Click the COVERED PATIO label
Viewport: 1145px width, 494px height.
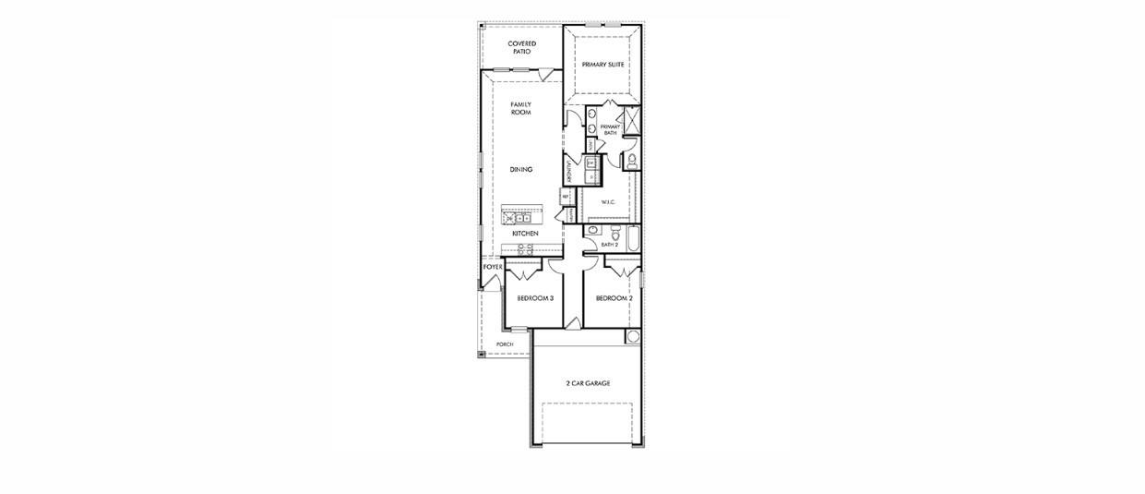tap(521, 47)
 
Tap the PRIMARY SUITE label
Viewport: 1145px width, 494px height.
tap(602, 65)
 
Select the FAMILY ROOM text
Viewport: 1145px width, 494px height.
tap(521, 108)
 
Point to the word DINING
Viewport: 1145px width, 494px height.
tap(521, 170)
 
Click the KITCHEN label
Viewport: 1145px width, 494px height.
tap(525, 234)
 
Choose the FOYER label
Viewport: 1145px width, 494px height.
tap(493, 267)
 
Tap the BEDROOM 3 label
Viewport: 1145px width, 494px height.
tap(535, 298)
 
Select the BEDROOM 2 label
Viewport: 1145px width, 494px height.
tap(614, 298)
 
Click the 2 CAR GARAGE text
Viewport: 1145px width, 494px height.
tap(588, 383)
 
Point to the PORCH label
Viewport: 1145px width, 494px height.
tap(505, 344)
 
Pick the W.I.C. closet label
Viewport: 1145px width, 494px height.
tap(608, 201)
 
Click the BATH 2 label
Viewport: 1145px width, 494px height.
tap(609, 245)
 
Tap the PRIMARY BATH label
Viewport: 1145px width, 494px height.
tap(610, 129)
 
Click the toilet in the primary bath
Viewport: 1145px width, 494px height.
tap(632, 162)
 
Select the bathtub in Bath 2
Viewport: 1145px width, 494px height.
tap(634, 238)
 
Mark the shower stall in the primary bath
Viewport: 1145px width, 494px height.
tap(632, 121)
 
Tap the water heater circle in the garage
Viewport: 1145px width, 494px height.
tap(633, 336)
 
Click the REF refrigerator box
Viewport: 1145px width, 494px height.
tap(565, 197)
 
